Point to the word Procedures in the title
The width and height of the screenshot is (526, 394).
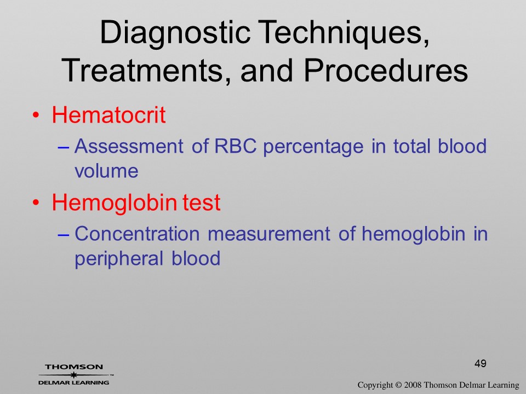tap(386, 71)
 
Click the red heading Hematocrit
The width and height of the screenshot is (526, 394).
tap(108, 115)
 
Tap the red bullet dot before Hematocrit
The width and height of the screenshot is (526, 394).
tap(36, 115)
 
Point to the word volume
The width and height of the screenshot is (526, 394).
tap(106, 171)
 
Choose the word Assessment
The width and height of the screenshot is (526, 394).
tap(129, 146)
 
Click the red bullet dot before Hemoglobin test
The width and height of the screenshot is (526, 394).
tap(36, 203)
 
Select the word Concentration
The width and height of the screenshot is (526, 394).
tap(137, 234)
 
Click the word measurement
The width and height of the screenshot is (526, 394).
tap(268, 234)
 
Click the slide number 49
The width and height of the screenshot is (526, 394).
tap(481, 363)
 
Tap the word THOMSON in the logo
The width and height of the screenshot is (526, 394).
tap(74, 367)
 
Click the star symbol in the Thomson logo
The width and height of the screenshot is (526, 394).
tap(74, 375)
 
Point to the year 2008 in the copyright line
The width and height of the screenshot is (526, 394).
tap(413, 385)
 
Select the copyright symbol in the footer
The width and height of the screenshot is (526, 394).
tap(398, 385)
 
